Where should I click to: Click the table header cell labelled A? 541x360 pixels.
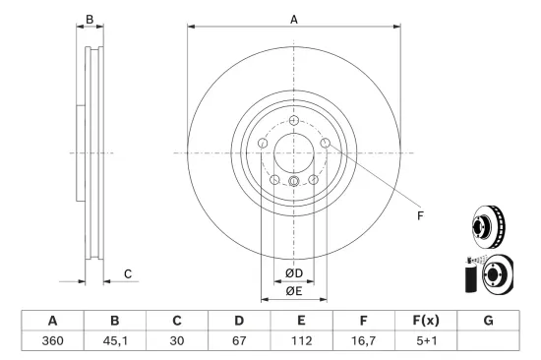[52, 320]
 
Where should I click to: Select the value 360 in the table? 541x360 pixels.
[52, 340]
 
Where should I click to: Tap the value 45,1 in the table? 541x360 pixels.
[114, 340]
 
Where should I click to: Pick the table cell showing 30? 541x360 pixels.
[176, 340]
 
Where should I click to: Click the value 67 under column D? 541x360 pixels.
[238, 340]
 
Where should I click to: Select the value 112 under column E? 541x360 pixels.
[301, 340]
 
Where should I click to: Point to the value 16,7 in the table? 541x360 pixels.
[363, 340]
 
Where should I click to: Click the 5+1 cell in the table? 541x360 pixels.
[425, 340]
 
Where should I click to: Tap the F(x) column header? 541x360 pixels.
[425, 320]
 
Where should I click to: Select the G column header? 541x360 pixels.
[488, 320]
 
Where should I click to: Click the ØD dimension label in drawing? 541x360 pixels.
[293, 272]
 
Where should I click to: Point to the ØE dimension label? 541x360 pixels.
[293, 291]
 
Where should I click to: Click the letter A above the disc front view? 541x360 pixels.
[293, 18]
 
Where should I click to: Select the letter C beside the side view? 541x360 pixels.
[127, 272]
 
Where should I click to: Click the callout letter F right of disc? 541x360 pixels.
[419, 215]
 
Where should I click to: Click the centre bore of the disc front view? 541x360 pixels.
[293, 152]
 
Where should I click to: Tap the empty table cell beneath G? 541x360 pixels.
[488, 340]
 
